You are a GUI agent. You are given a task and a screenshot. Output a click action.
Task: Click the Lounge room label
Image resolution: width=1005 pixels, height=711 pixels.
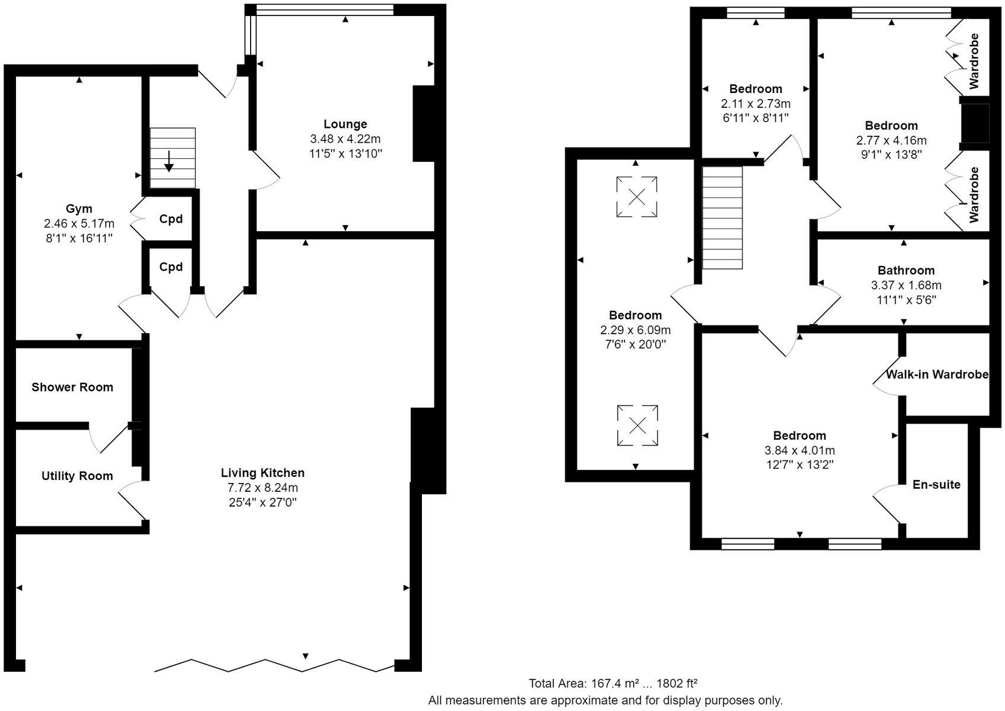tap(345, 124)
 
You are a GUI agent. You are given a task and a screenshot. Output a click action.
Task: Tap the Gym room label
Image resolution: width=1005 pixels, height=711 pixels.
tap(79, 209)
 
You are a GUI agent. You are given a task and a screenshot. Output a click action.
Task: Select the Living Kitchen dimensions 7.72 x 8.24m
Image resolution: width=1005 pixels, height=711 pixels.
tap(263, 488)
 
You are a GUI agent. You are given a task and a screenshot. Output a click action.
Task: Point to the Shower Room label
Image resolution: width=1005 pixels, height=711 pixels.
tap(72, 387)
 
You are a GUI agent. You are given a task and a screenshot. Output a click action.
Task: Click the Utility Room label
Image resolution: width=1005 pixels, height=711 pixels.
tap(77, 476)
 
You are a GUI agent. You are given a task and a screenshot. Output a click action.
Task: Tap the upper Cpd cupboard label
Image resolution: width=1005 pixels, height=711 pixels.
tap(171, 219)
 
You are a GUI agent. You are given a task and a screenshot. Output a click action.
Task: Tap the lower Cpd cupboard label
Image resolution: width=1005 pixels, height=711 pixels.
tap(171, 267)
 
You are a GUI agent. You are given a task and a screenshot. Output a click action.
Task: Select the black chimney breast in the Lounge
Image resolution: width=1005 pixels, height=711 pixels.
tap(424, 123)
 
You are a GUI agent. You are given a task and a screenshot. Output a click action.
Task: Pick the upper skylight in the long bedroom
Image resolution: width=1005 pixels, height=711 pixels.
tap(636, 197)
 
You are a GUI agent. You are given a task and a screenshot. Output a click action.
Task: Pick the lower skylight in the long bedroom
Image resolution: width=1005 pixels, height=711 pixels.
tap(637, 425)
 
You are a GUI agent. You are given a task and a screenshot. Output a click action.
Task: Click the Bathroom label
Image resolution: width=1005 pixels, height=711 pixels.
tap(906, 270)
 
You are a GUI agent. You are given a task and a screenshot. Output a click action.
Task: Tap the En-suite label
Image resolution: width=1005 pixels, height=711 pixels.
tap(936, 484)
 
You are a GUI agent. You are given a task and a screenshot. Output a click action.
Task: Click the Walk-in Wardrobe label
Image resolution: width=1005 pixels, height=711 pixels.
tap(937, 374)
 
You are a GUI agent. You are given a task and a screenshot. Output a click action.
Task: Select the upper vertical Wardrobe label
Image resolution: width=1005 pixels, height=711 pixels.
tap(974, 61)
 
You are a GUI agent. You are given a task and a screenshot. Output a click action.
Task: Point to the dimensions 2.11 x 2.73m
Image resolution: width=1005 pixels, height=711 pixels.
tap(756, 103)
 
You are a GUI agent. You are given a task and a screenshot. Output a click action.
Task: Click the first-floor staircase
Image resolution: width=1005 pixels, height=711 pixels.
tap(722, 217)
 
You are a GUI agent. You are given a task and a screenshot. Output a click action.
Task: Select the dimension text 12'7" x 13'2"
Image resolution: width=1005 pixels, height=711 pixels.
tap(799, 465)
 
